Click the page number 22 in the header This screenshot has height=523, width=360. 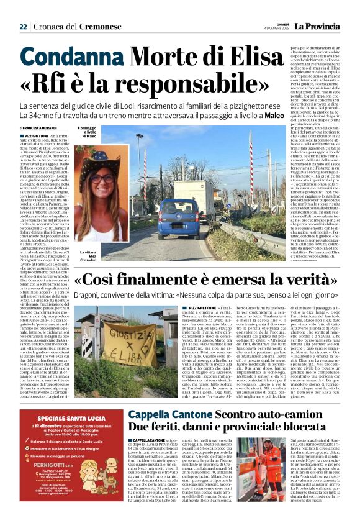[23, 27]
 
